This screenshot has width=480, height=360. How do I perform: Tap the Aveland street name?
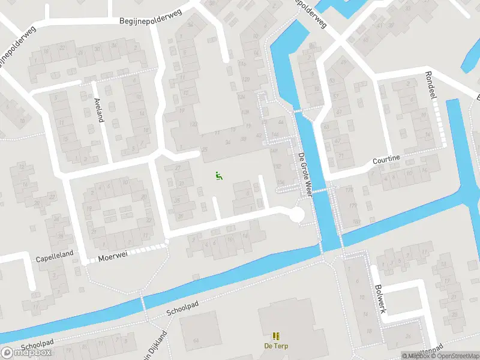[x=100, y=110]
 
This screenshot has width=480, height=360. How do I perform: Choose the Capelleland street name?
[x=55, y=254]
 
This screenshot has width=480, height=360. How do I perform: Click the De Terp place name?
[x=275, y=346]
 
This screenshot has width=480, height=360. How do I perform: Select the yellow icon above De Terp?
[x=276, y=336]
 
